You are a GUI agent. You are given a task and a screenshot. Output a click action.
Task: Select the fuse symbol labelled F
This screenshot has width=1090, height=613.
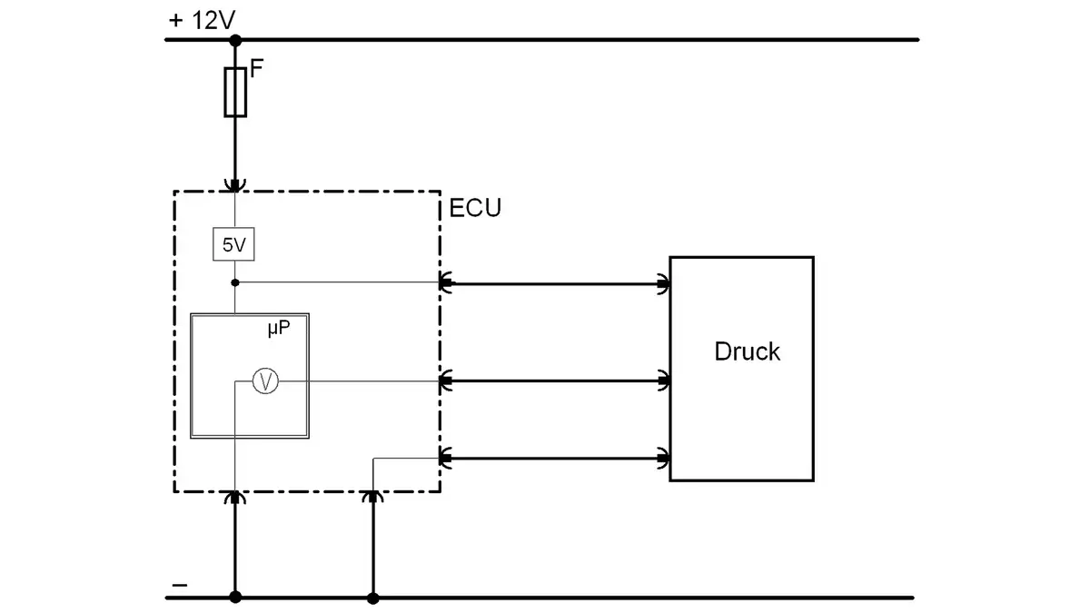[x=235, y=92]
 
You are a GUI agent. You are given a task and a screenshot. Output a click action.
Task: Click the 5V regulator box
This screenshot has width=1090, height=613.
[x=234, y=245]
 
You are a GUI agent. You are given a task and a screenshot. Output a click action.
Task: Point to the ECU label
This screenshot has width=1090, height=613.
[x=475, y=208]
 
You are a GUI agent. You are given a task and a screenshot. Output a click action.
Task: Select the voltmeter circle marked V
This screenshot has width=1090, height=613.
[x=264, y=382]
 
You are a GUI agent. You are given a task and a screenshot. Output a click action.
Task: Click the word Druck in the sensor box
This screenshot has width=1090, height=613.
[x=747, y=351]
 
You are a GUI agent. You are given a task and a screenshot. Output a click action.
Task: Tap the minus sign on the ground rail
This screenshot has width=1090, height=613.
[x=179, y=585]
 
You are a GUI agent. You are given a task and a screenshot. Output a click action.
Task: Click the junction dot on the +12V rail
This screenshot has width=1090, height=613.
[x=235, y=40]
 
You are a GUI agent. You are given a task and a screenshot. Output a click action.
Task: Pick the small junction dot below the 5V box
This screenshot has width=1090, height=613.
[x=235, y=282]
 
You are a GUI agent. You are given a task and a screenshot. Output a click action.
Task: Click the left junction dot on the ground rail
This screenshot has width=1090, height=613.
[x=235, y=598]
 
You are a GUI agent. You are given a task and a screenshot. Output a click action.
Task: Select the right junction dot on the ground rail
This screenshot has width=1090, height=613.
[x=372, y=598]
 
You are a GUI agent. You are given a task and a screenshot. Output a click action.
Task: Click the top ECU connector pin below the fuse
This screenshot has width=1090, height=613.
[x=235, y=186]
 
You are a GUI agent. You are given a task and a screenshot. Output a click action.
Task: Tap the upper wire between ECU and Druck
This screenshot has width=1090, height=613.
[x=555, y=284]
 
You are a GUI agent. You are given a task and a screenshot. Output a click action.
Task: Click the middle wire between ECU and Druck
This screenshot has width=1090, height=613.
[x=555, y=381]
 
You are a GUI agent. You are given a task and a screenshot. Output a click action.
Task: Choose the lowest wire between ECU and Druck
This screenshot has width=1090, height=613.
[x=555, y=458]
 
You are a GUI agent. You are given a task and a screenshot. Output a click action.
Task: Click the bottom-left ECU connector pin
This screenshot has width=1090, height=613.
[x=235, y=497]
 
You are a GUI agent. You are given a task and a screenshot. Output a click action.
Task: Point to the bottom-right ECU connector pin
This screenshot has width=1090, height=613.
[x=372, y=497]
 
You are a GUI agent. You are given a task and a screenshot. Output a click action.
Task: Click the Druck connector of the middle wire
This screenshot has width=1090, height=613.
[x=664, y=381]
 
